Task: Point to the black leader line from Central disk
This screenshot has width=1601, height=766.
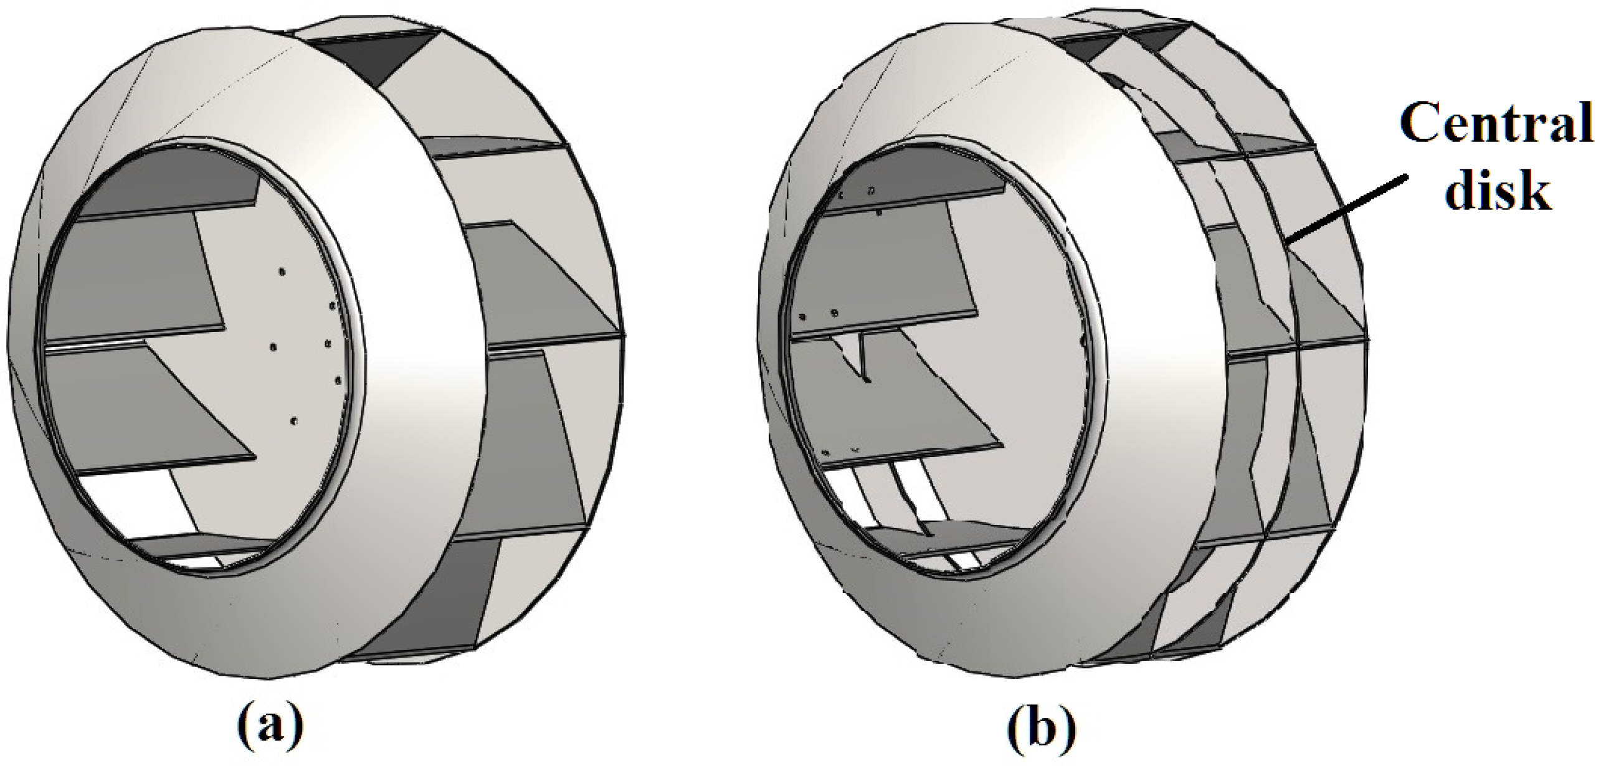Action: point(1346,209)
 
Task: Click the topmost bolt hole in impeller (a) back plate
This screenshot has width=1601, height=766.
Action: point(282,272)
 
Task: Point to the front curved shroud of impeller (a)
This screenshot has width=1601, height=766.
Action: point(399,374)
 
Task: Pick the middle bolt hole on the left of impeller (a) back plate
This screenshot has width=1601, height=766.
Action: point(272,347)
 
